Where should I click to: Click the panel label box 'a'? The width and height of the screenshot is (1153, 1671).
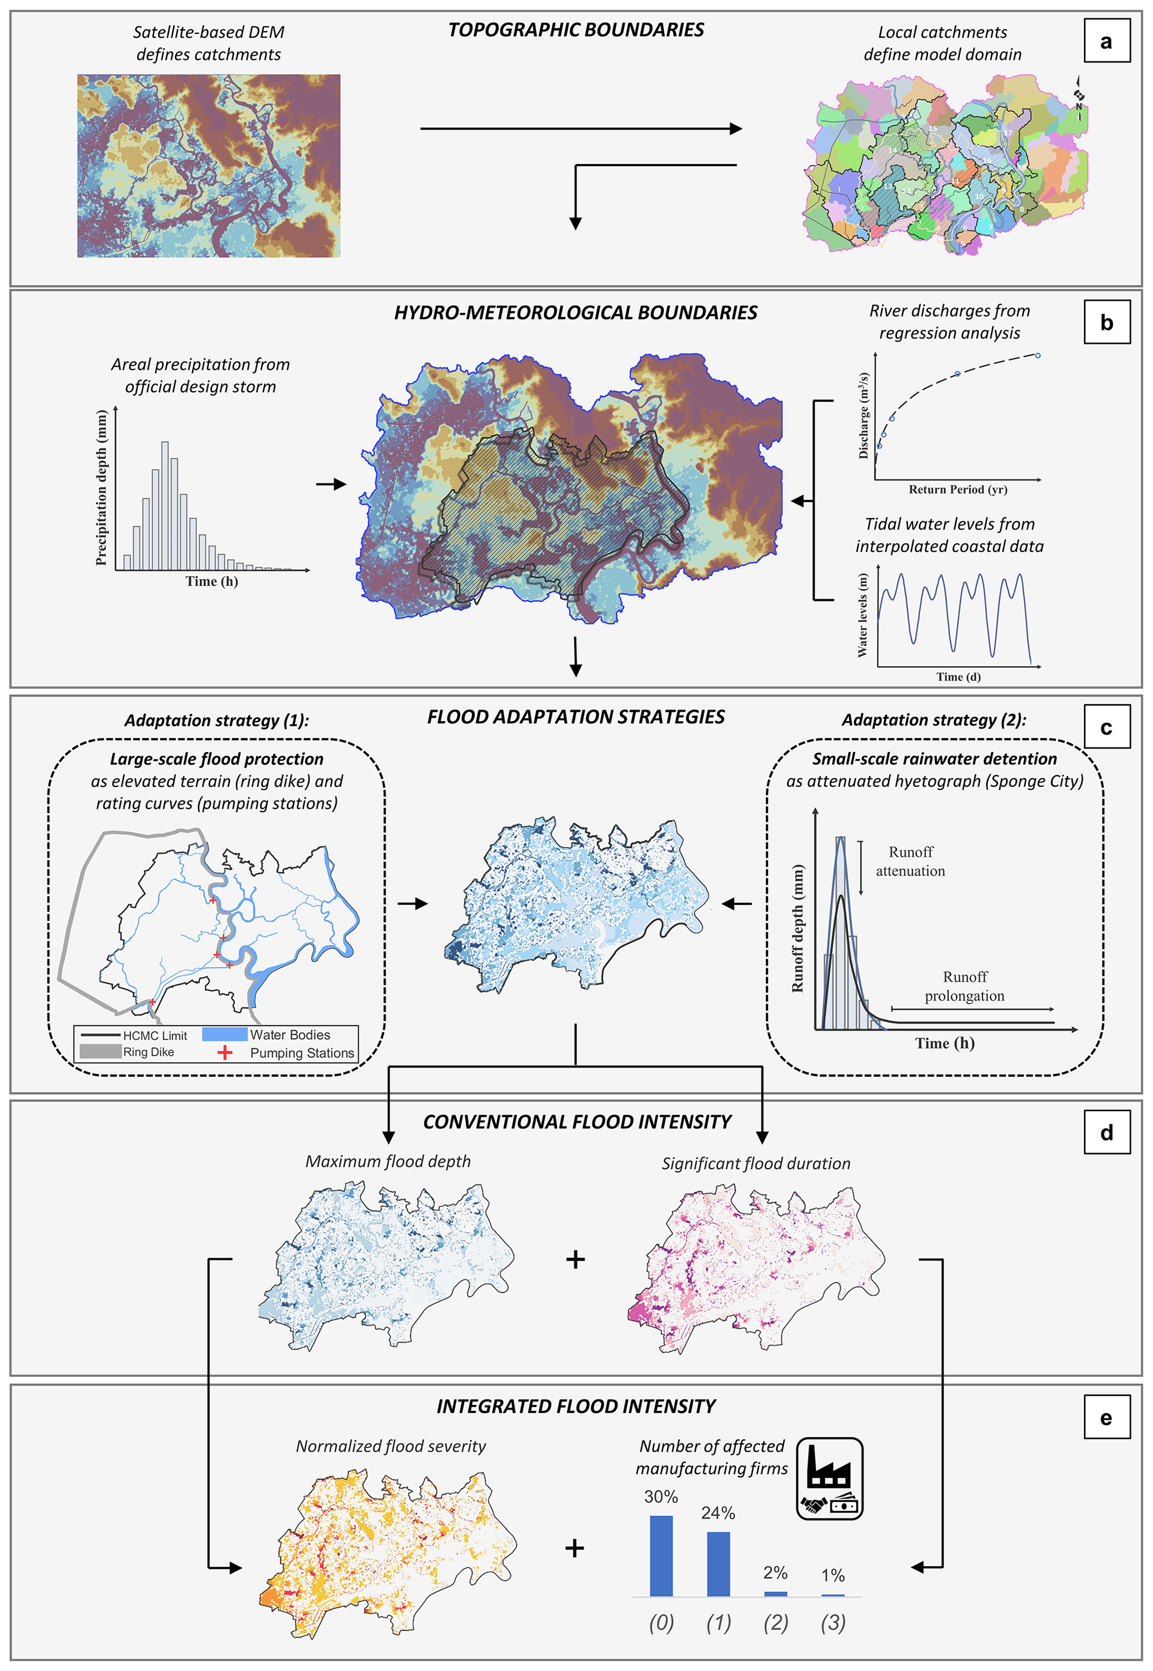[1106, 42]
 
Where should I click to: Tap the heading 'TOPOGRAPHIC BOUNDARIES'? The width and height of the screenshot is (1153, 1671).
[576, 30]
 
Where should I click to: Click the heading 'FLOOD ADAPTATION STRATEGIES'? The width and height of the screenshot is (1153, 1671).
[576, 717]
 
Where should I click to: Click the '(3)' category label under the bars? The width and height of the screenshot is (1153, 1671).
[833, 1622]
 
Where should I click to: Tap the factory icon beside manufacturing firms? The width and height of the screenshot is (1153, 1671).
[829, 1478]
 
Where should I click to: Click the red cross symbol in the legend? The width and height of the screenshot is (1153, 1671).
[225, 1052]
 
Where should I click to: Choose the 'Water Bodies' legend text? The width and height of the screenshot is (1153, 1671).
[290, 1035]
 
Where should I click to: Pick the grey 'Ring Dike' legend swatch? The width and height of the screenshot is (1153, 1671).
[100, 1051]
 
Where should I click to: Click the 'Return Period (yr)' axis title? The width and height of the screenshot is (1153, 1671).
[958, 489]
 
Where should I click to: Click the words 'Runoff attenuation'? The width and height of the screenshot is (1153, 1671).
[910, 861]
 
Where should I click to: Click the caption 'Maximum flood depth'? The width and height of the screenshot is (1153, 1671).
[388, 1161]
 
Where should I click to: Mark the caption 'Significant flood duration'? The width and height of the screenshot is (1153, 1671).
[756, 1164]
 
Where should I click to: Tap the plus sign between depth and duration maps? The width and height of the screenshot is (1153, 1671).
[575, 1260]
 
